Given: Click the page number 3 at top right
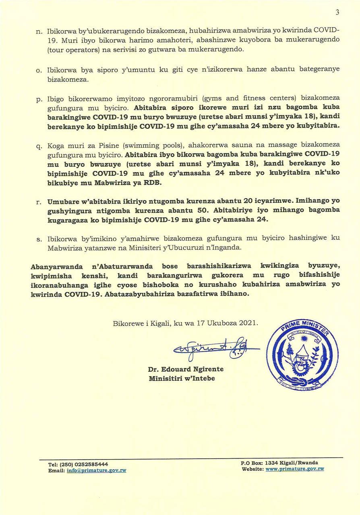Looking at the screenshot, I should (337, 12).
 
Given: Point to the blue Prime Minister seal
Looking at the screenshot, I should (302, 354).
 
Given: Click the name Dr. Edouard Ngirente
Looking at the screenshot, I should (186, 369).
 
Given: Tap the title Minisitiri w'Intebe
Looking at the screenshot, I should (182, 378).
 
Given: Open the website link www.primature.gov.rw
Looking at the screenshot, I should (295, 469).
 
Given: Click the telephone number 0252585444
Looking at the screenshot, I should (90, 464).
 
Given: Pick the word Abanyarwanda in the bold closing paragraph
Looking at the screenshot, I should (57, 267).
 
